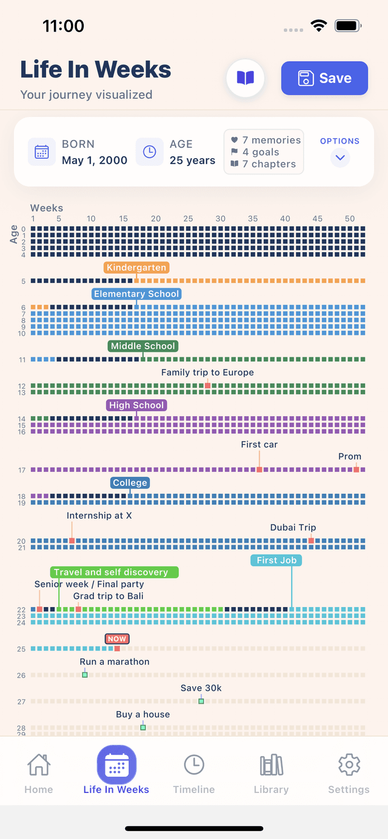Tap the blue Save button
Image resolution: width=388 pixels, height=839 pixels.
pos(324,78)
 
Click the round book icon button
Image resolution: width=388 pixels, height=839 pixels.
pos(246,78)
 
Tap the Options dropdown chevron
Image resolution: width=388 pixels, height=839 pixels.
pos(340,158)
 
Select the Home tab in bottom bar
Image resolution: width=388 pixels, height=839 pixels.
pos(39,772)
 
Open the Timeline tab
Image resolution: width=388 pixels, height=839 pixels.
pos(194,772)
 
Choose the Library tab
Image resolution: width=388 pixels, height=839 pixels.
pos(271,772)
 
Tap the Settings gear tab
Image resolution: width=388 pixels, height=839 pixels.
pos(349,772)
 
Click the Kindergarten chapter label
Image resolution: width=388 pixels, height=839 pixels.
pos(136,268)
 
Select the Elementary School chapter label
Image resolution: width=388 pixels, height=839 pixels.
pos(136,294)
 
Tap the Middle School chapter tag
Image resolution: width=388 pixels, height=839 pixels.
pos(143,346)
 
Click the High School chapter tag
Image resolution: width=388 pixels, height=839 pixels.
pos(136,405)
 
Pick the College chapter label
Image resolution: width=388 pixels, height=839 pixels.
pos(130,483)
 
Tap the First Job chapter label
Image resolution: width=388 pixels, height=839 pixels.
pos(276,560)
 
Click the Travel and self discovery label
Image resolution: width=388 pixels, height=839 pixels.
pos(111,572)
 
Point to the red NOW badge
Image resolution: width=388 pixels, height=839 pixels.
pos(117,638)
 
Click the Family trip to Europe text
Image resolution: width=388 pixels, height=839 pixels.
pos(207,373)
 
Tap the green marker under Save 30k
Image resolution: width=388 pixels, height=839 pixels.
pos(201,701)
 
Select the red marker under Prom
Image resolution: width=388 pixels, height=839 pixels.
pos(356,469)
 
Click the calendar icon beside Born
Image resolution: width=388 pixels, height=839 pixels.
pos(42,151)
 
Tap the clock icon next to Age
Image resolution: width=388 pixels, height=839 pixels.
pos(149,151)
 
